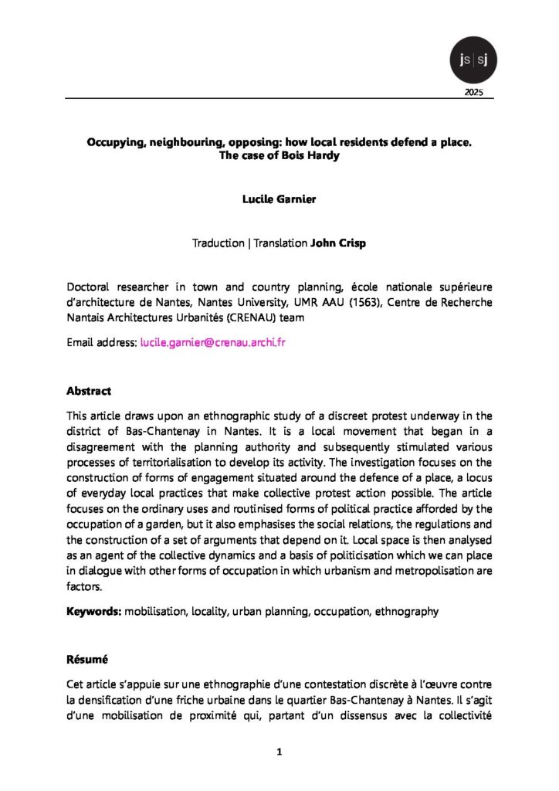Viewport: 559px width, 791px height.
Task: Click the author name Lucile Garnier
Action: coord(279,199)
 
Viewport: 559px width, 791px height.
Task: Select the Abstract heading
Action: coord(89,391)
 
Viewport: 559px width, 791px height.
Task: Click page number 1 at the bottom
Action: coord(279,751)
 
